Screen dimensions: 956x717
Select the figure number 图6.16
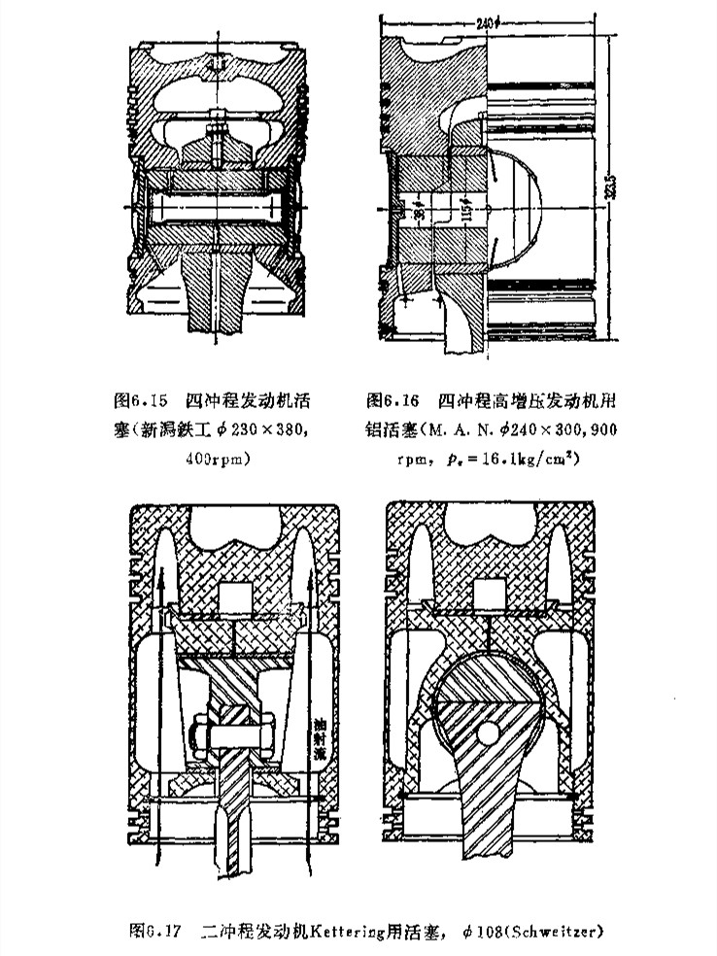click(x=393, y=399)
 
